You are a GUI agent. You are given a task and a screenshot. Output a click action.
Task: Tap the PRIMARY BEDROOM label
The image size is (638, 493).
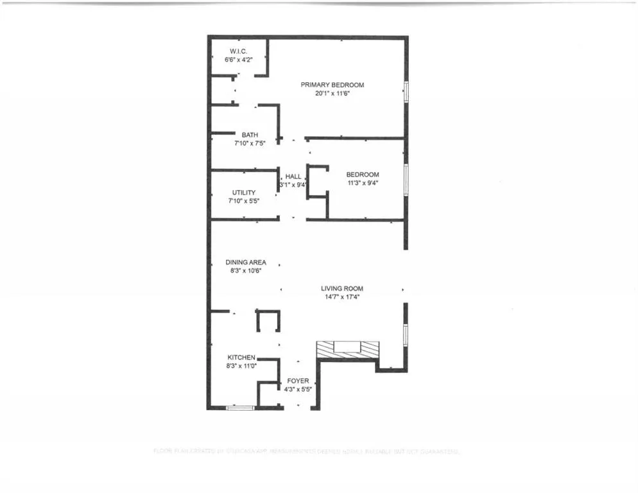coord(331,85)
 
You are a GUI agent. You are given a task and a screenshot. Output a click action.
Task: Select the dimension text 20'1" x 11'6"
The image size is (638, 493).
coord(331,93)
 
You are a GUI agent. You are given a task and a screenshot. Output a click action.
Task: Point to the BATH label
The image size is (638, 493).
coord(250,135)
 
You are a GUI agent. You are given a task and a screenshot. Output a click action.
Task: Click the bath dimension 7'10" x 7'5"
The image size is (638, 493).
coord(250,143)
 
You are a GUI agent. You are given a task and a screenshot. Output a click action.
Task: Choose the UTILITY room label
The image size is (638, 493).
coord(244,193)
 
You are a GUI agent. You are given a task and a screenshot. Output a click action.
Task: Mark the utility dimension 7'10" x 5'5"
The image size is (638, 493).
coord(244,201)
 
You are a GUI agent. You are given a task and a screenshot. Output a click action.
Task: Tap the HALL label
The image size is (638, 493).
coord(293,177)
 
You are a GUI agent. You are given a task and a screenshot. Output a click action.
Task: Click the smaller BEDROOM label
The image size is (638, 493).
coord(363,175)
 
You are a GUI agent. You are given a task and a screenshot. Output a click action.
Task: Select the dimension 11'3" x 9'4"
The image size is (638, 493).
coord(363,183)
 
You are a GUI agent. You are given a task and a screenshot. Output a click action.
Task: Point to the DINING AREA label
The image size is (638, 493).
coord(245,262)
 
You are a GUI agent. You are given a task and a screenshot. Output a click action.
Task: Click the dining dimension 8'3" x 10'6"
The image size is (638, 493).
coord(245,270)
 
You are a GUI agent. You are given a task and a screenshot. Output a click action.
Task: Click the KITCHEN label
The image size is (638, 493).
coord(241,358)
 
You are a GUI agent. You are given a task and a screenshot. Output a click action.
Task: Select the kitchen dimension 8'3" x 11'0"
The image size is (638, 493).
coord(241,366)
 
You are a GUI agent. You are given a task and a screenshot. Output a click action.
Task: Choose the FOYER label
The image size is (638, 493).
coord(298,381)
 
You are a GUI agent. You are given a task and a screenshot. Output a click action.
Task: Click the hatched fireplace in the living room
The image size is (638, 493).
coord(349,349)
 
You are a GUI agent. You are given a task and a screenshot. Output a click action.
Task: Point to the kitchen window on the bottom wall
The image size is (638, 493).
coord(241,407)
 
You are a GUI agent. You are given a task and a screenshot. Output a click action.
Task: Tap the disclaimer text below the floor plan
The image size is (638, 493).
coord(307,452)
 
